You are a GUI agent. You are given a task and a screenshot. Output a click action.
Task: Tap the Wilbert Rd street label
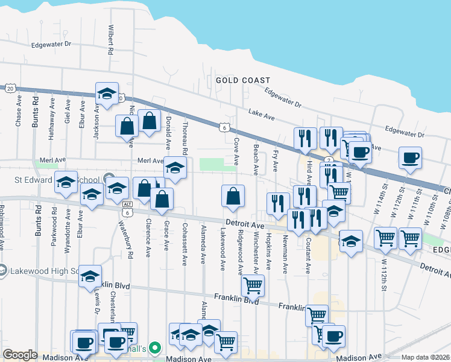(111, 40)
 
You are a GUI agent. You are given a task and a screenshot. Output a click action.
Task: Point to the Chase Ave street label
(19, 113)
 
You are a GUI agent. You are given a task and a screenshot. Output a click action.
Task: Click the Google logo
(20, 355)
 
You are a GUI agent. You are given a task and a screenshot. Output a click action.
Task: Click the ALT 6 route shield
(127, 208)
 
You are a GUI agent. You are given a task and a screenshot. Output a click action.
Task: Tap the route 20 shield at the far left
(10, 88)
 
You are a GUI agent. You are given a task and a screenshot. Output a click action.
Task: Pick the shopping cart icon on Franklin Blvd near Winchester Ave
(253, 285)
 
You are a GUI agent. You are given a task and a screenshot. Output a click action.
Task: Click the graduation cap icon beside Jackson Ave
(107, 94)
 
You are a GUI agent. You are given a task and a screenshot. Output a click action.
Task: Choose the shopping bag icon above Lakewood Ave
(233, 195)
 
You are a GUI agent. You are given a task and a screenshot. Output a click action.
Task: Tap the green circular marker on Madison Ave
(154, 348)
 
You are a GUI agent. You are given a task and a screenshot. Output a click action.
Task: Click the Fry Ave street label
(276, 159)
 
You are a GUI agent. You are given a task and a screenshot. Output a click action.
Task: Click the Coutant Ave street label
(307, 253)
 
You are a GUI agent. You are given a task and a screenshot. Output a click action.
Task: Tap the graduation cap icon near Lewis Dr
(90, 276)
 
